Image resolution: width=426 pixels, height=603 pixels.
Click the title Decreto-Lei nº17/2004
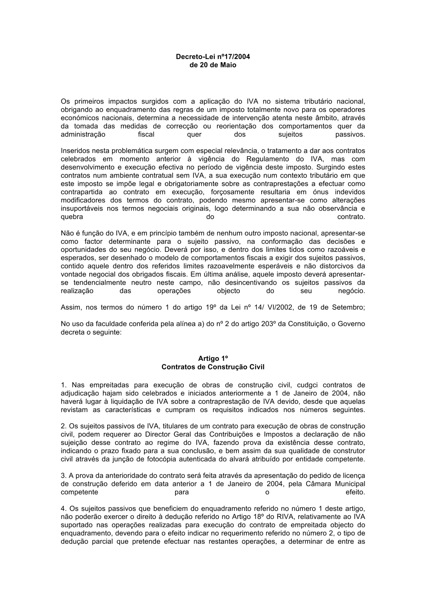point(213,56)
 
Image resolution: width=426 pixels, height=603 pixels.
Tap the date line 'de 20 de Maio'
point(213,65)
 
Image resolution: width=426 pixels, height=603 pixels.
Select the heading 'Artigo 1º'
point(213,358)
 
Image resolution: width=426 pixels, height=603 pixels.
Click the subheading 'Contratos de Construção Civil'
point(213,366)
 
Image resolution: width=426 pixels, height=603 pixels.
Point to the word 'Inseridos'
point(75,150)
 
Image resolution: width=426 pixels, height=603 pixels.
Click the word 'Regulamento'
point(265,159)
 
